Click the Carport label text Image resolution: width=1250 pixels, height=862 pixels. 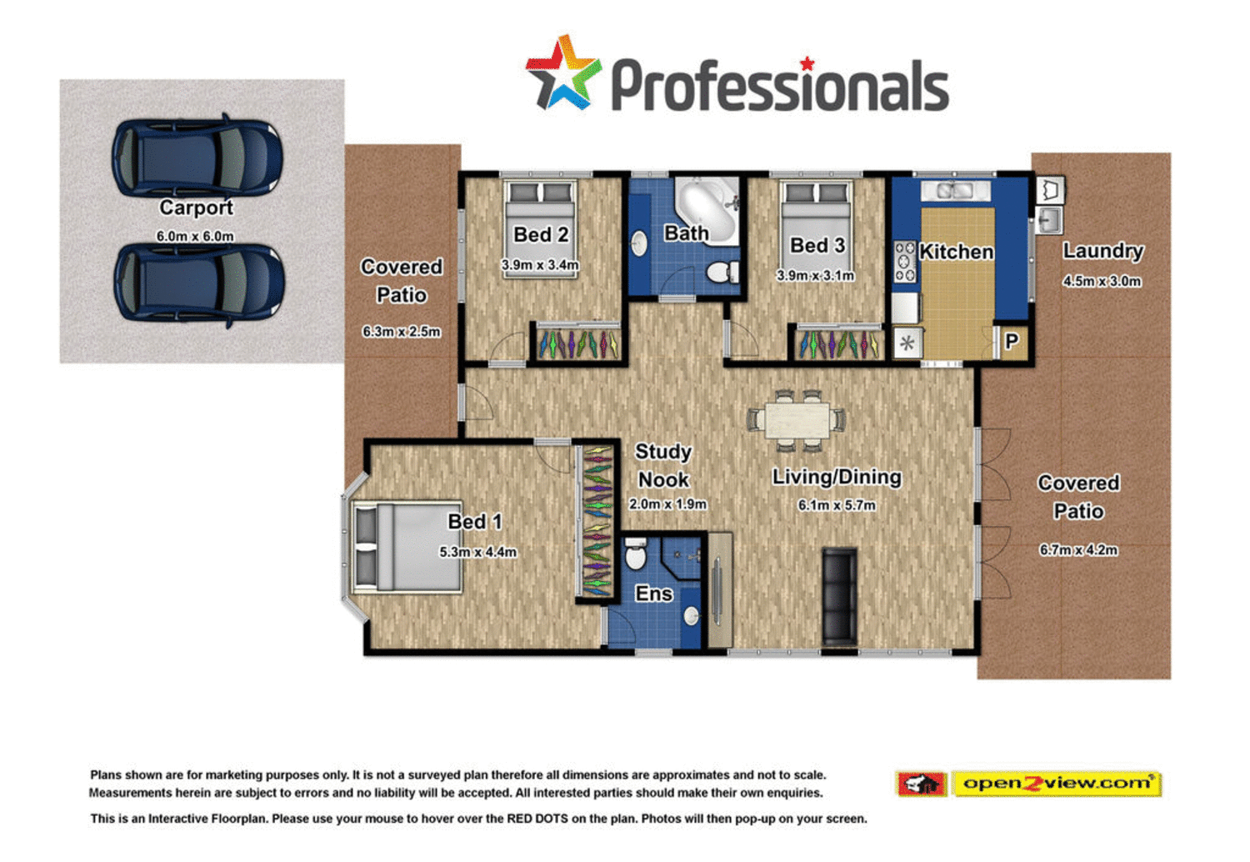tap(197, 208)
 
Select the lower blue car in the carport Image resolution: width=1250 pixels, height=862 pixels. tap(198, 282)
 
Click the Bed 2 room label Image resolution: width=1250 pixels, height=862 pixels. tap(541, 235)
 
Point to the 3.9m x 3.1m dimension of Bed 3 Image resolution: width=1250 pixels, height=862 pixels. tap(816, 276)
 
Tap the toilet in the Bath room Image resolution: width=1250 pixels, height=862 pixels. tap(721, 271)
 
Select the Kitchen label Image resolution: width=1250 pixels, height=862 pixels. tap(956, 252)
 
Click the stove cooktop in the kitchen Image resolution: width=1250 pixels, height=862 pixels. tap(905, 262)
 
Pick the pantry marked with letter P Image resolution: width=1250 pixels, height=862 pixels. tap(1012, 342)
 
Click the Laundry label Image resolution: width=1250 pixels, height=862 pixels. tap(1102, 251)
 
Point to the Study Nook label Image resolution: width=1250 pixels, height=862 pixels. tap(663, 466)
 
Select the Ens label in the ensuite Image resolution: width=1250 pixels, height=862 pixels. tap(653, 594)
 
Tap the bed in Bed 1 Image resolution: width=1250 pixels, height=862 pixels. tap(407, 547)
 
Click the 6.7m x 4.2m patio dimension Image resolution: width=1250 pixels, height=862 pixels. tap(1078, 550)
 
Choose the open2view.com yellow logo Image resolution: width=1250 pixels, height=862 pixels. tap(1056, 784)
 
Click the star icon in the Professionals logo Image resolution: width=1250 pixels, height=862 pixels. tap(562, 73)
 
